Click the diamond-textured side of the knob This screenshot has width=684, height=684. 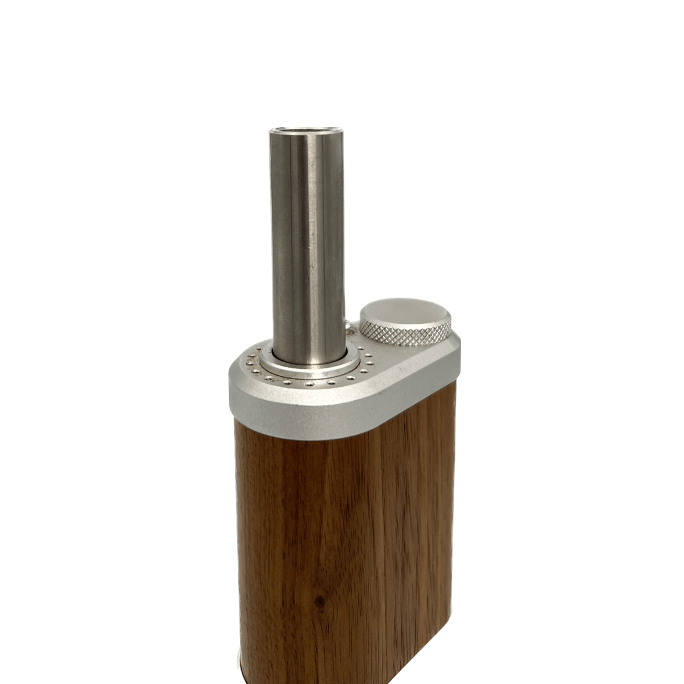(405, 333)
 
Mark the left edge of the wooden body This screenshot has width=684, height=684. (238, 541)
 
